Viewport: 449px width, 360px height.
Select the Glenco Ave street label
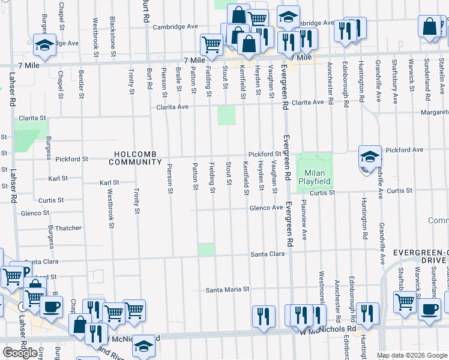[267, 208]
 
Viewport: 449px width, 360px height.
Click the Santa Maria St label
[227, 289]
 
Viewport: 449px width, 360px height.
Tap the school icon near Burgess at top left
[45, 45]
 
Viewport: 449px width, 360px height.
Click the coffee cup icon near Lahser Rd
[50, 308]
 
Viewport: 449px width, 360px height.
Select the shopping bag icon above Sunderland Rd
[430, 27]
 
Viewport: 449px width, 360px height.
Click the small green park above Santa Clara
[206, 250]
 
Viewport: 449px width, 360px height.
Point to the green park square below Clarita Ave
[226, 115]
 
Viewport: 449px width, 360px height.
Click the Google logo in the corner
[20, 352]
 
